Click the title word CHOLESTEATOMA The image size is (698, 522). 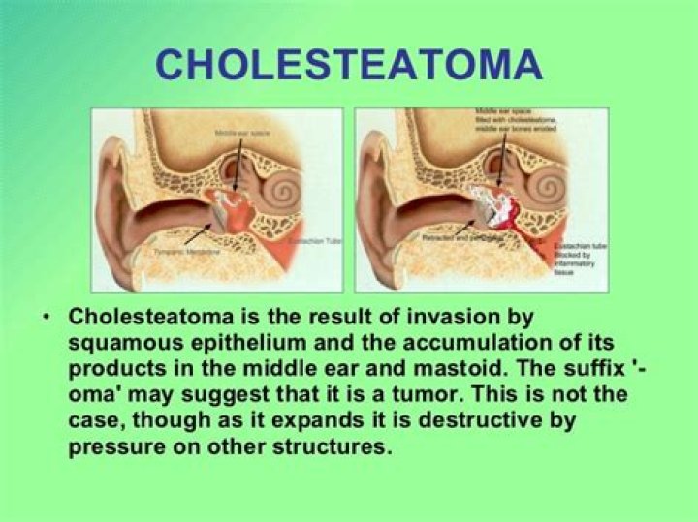pyautogui.click(x=348, y=65)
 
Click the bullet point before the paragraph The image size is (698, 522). pyautogui.click(x=48, y=319)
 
